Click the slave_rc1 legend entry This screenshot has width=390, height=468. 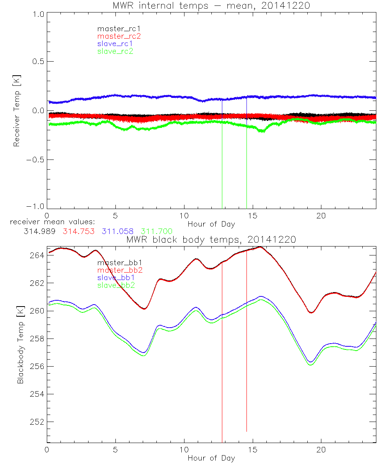pyautogui.click(x=115, y=44)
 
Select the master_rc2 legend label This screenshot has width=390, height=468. pyautogui.click(x=119, y=36)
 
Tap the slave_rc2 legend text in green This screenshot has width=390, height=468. pyautogui.click(x=115, y=51)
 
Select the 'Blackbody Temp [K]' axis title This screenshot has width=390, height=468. pyautogui.click(x=20, y=344)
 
